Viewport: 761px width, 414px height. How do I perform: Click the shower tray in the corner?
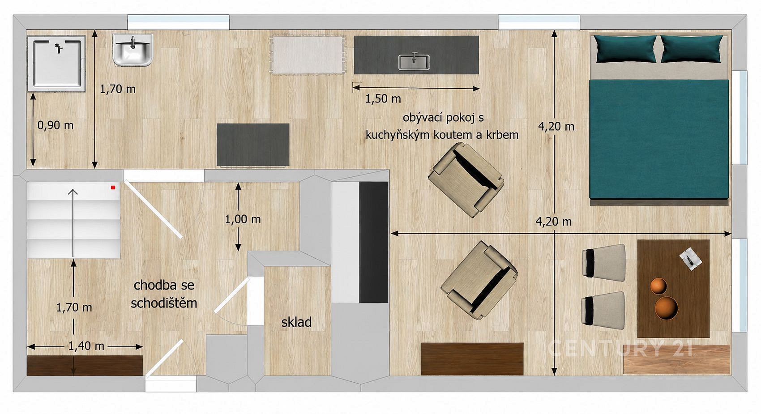click(56, 64)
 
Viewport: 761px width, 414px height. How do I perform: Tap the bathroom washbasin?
click(133, 50)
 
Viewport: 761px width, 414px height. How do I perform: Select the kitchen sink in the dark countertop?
click(414, 62)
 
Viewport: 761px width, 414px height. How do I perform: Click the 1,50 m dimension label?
click(383, 99)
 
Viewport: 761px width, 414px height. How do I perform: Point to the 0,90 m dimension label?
click(56, 125)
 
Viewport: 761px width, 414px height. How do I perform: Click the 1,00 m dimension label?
click(243, 219)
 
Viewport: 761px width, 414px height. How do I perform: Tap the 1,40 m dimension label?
click(86, 346)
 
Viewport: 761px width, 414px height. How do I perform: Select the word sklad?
click(296, 322)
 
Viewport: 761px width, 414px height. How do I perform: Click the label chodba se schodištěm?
click(164, 294)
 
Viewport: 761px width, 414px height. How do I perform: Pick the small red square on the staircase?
click(113, 188)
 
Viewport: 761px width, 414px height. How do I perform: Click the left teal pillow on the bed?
click(625, 49)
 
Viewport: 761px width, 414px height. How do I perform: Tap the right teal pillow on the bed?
click(692, 49)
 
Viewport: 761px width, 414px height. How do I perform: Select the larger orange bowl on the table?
click(666, 308)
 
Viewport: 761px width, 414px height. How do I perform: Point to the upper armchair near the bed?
click(466, 180)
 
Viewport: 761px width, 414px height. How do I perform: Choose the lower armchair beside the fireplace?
click(479, 280)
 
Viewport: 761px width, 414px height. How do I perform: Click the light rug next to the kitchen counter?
click(308, 55)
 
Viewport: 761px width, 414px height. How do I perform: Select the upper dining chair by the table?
click(604, 263)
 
